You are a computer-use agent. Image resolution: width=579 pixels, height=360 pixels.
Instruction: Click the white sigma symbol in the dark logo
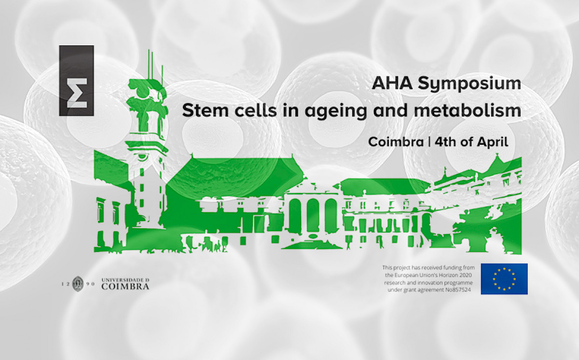coord(77,93)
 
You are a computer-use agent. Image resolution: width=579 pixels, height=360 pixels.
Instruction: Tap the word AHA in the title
coord(392,83)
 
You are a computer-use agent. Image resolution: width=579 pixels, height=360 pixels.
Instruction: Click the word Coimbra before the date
coord(396,142)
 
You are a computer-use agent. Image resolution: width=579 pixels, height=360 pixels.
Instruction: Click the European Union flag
coord(504,279)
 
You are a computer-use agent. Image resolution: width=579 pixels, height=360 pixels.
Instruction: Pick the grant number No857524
coord(458,290)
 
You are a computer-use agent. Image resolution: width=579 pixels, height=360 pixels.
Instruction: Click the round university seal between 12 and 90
coord(78,284)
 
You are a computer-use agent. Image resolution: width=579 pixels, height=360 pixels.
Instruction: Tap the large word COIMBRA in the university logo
coord(125,286)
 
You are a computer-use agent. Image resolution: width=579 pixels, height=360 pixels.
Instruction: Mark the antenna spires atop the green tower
coord(155,65)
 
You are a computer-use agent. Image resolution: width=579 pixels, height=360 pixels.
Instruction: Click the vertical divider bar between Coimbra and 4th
coord(429,142)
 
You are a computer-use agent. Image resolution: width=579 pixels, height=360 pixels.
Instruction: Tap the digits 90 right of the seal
coord(92,284)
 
